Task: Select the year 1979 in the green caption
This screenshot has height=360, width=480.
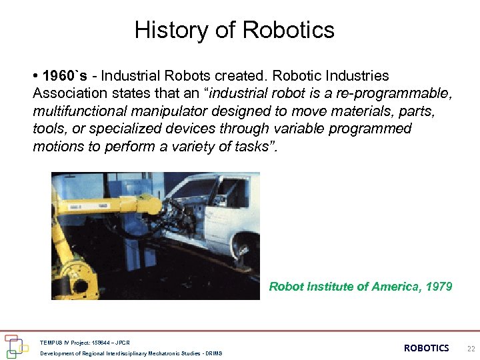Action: (438, 287)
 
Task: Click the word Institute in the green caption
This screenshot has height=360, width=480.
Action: (327, 287)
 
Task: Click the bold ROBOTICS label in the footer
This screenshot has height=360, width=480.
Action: (427, 348)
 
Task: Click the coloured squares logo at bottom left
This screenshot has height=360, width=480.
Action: (17, 344)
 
